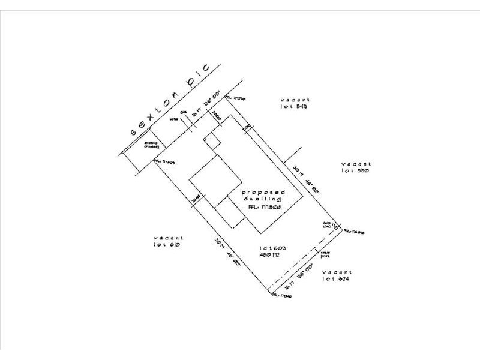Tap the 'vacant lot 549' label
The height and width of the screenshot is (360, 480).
click(x=294, y=103)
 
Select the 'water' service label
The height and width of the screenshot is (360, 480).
click(x=175, y=119)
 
